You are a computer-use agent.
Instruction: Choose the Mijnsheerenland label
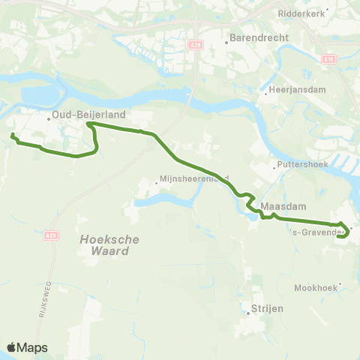point(194,178)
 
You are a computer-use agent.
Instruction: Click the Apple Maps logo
point(27,347)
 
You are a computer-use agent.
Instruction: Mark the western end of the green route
point(12,135)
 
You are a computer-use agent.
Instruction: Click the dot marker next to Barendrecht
point(226,42)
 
